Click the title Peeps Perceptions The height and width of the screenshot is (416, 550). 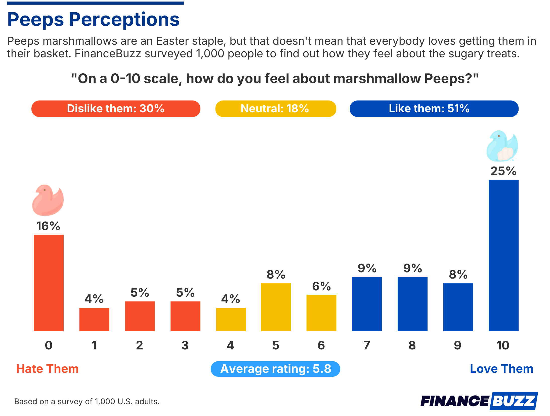[x=93, y=20]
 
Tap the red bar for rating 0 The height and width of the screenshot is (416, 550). [x=49, y=283]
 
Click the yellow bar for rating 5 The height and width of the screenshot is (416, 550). [x=276, y=307]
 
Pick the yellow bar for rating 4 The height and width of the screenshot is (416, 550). [x=231, y=319]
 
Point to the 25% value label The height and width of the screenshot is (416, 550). [x=503, y=171]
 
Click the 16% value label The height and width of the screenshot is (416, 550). [x=48, y=226]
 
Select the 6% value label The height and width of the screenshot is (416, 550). [x=321, y=286]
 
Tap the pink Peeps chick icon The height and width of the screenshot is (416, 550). [x=48, y=200]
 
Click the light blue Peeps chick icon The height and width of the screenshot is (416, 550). [x=502, y=146]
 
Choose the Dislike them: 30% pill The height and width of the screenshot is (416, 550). [x=116, y=109]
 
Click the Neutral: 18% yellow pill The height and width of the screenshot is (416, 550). [x=275, y=109]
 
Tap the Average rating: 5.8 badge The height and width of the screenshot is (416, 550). [x=275, y=369]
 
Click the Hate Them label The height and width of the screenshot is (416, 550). [x=47, y=369]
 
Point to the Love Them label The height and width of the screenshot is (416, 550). [x=501, y=369]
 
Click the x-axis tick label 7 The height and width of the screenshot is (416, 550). [x=366, y=345]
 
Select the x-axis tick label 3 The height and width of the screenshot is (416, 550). [x=185, y=345]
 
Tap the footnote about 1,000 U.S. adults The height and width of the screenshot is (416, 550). [x=87, y=401]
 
